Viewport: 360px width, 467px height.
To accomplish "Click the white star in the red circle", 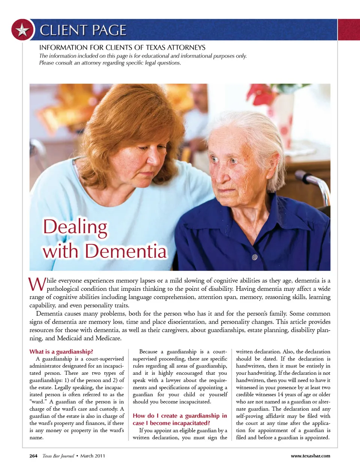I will (x=22, y=30).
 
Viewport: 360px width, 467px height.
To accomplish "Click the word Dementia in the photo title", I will (x=126, y=251).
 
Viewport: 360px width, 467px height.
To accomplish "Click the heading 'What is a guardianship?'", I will (x=61, y=352).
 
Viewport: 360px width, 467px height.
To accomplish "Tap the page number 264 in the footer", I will (x=33, y=456).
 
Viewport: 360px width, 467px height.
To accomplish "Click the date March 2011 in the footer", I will (x=93, y=456).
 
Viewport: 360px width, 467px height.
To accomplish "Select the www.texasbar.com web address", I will (x=310, y=456).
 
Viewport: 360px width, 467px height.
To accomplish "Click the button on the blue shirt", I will (x=255, y=257).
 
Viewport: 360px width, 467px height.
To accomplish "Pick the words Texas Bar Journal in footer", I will (x=58, y=456).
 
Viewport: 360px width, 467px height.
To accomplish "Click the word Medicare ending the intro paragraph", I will (x=108, y=338).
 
